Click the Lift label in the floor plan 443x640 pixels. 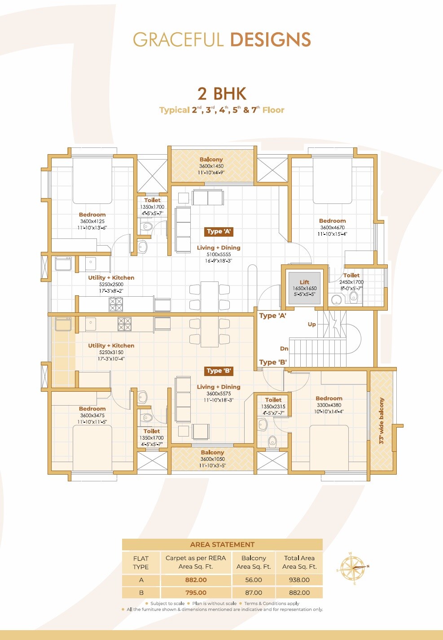pyautogui.click(x=304, y=282)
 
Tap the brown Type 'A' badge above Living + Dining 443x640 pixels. pyautogui.click(x=219, y=232)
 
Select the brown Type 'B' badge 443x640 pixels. pyautogui.click(x=219, y=371)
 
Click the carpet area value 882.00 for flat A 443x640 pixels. pyautogui.click(x=196, y=580)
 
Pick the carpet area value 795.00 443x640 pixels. pyautogui.click(x=196, y=592)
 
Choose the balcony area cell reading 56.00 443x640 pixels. pyautogui.click(x=254, y=580)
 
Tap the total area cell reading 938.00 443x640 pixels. pyautogui.click(x=299, y=580)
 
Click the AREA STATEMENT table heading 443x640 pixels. pyautogui.click(x=222, y=545)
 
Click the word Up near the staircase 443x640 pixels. pyautogui.click(x=312, y=324)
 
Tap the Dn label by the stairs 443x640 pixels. pyautogui.click(x=284, y=349)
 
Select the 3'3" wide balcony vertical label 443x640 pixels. pyautogui.click(x=382, y=421)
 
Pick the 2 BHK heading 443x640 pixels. pyautogui.click(x=222, y=94)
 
